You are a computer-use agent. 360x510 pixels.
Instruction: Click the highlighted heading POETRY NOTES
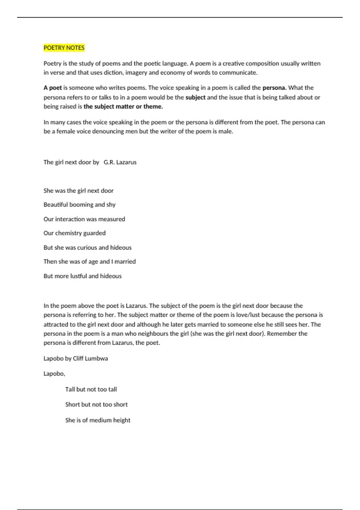[64, 48]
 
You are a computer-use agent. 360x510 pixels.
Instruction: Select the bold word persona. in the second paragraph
[274, 88]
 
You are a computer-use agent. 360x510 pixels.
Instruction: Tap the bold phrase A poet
[52, 88]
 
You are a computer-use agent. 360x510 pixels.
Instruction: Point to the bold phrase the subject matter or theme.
[123, 106]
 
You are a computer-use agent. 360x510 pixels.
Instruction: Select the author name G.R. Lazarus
[120, 162]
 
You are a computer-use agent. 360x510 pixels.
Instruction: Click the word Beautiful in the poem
[56, 205]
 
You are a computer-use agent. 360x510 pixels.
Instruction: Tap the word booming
[81, 205]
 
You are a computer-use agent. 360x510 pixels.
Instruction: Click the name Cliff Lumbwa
[90, 358]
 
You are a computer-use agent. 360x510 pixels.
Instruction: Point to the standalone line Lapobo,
[54, 374]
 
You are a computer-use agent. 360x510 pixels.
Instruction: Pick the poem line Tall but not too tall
[91, 389]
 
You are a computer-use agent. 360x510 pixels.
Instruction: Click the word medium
[100, 420]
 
